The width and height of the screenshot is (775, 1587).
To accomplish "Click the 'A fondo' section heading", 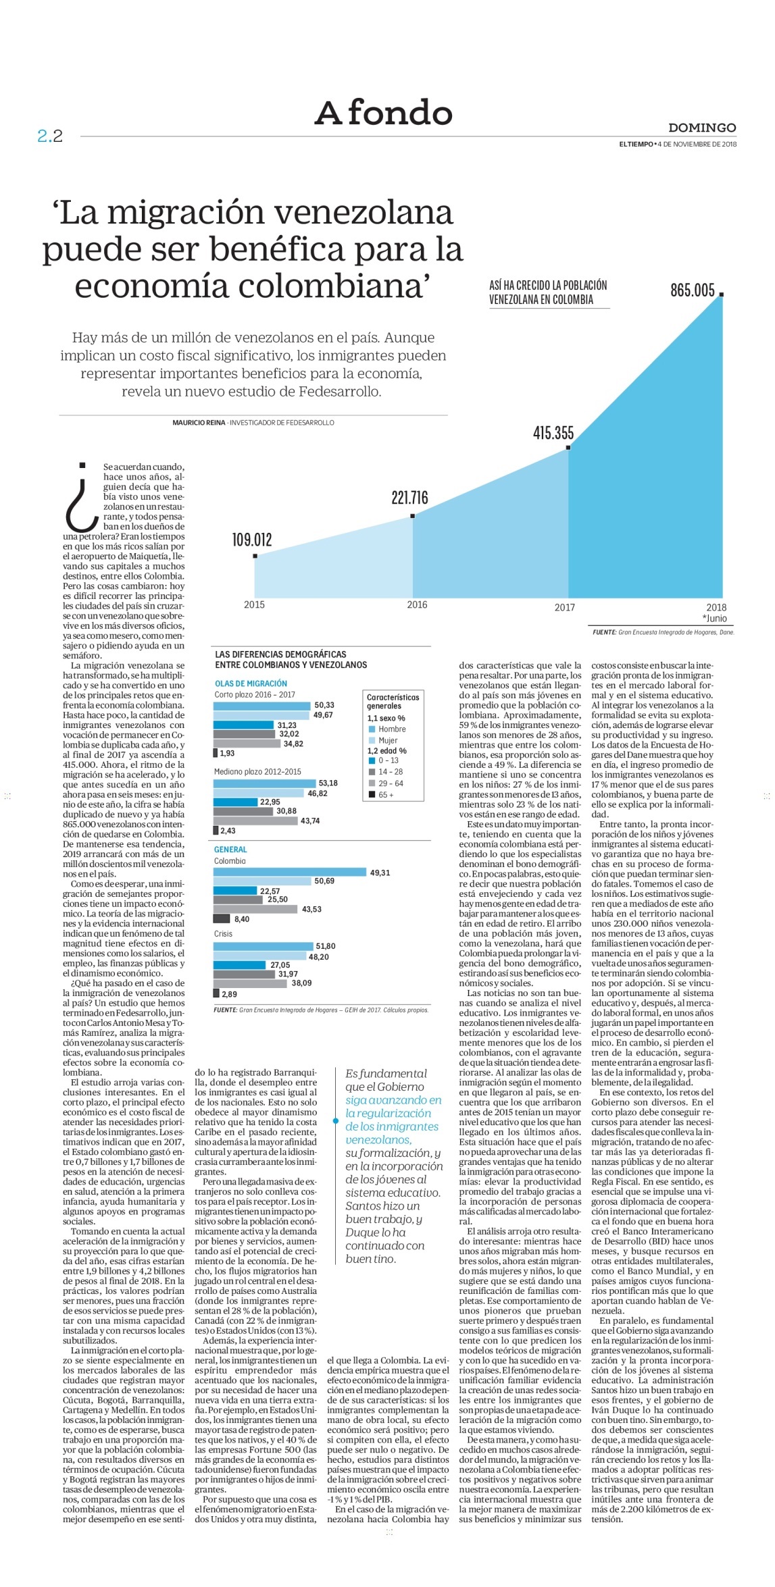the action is (x=383, y=113).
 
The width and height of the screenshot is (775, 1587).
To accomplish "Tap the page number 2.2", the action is (x=50, y=136).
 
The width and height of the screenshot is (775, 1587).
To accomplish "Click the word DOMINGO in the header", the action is (x=702, y=128).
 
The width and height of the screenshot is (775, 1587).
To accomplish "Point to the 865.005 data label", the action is (x=692, y=290).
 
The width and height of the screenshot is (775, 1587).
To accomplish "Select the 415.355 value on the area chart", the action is (x=553, y=433).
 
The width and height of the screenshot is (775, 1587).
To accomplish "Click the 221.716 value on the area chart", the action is (x=409, y=498).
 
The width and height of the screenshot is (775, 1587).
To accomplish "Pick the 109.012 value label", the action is (x=251, y=540).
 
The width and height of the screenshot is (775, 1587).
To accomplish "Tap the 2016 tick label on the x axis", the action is (x=417, y=604).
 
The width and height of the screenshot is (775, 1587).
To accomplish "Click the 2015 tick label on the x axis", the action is (x=254, y=604).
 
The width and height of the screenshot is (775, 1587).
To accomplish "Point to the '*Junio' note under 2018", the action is (x=715, y=618).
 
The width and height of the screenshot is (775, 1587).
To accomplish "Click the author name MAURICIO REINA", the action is (x=199, y=423).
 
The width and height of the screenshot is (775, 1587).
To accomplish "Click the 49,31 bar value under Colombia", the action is (x=380, y=873).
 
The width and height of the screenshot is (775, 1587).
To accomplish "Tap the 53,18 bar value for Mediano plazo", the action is (x=328, y=783).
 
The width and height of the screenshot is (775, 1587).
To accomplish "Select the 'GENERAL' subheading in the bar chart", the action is (x=230, y=850).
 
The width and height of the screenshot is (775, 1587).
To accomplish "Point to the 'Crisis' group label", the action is (x=223, y=934).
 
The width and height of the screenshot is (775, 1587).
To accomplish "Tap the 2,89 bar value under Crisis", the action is (x=228, y=994).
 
